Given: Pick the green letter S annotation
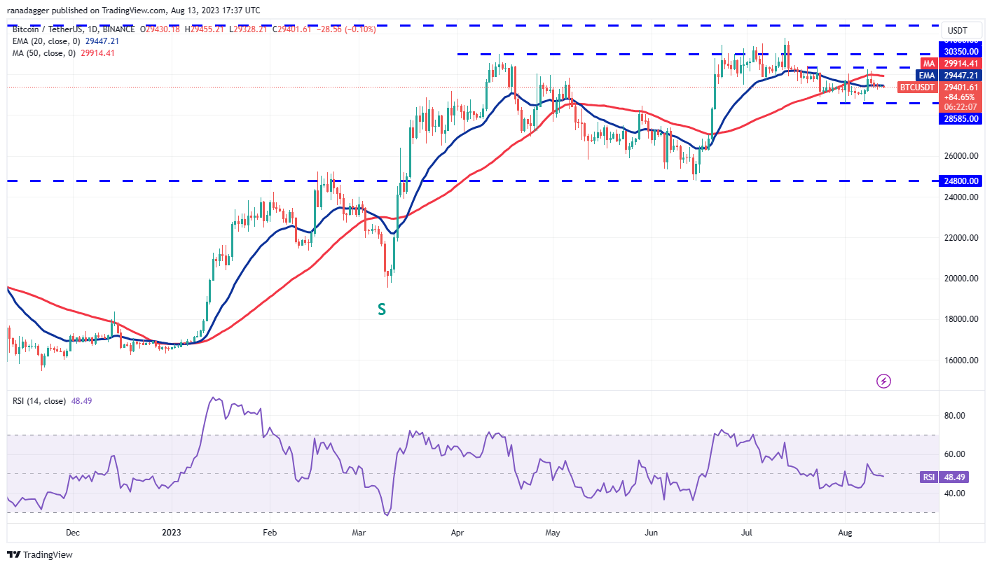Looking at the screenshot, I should pyautogui.click(x=382, y=309).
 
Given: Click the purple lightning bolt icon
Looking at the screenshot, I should pyautogui.click(x=884, y=381).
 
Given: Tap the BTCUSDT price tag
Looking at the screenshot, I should pyautogui.click(x=916, y=87).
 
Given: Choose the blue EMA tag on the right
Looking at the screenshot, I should pyautogui.click(x=926, y=76).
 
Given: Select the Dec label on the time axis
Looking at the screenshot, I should pyautogui.click(x=73, y=533).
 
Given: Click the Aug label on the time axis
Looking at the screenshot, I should pyautogui.click(x=845, y=533).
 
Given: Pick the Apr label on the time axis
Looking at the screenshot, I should pyautogui.click(x=457, y=533).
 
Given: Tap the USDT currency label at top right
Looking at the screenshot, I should pyautogui.click(x=957, y=31).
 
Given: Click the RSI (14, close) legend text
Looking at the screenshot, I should pyautogui.click(x=40, y=401).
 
